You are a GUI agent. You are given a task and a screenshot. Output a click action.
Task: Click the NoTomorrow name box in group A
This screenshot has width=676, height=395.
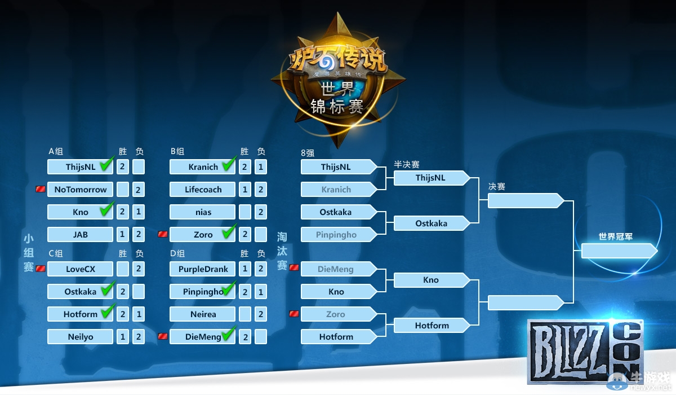pyautogui.click(x=81, y=190)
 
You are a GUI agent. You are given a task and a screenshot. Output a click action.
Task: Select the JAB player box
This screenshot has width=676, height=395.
pyautogui.click(x=81, y=235)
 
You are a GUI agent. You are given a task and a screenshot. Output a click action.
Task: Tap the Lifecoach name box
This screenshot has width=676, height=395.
pyautogui.click(x=203, y=190)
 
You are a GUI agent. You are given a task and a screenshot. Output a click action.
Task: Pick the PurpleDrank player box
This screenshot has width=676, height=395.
pyautogui.click(x=203, y=269)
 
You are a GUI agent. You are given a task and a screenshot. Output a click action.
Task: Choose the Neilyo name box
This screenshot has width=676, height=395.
pyautogui.click(x=81, y=337)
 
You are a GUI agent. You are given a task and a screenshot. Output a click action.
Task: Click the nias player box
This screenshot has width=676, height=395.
pyautogui.click(x=203, y=212)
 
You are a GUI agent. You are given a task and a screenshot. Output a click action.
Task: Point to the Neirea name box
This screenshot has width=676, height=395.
pyautogui.click(x=203, y=314)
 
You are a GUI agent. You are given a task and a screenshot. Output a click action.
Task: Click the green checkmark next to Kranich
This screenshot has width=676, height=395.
pyautogui.click(x=228, y=165)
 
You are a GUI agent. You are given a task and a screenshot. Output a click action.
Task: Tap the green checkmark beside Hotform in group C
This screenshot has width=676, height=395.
pyautogui.click(x=107, y=312)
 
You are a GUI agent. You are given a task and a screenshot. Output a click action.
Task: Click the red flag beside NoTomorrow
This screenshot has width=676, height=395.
pyautogui.click(x=41, y=189)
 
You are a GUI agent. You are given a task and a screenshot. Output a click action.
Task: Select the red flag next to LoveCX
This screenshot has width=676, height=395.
pyautogui.click(x=41, y=269)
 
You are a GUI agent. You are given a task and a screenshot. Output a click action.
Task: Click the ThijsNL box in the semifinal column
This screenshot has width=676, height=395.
pyautogui.click(x=431, y=178)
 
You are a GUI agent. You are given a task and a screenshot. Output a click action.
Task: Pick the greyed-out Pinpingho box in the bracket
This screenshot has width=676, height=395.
pyautogui.click(x=336, y=235)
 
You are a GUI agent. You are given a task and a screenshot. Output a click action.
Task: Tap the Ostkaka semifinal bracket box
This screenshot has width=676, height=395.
pyautogui.click(x=431, y=223)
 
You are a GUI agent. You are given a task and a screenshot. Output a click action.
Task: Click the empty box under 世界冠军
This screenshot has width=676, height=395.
pyautogui.click(x=617, y=251)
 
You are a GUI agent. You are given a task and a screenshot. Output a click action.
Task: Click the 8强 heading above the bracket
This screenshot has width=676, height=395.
pyautogui.click(x=308, y=152)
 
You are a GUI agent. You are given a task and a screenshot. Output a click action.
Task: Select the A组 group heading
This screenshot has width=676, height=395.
pyautogui.click(x=56, y=151)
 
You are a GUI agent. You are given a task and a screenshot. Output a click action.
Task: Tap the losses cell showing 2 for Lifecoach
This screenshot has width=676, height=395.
pyautogui.click(x=260, y=190)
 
